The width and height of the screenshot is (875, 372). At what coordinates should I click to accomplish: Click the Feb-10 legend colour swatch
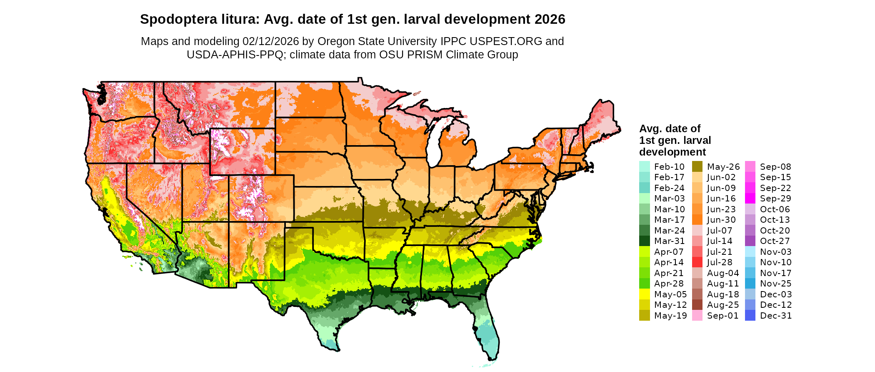pyautogui.click(x=644, y=166)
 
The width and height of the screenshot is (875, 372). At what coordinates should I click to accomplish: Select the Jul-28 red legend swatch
pyautogui.click(x=697, y=262)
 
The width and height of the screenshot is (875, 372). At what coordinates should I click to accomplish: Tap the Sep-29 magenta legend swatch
pyautogui.click(x=750, y=199)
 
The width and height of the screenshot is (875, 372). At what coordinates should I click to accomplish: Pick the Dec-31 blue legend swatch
pyautogui.click(x=750, y=316)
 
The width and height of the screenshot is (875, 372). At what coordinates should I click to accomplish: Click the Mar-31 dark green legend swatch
pyautogui.click(x=644, y=241)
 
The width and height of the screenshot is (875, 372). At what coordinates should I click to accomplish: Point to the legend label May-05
pyautogui.click(x=670, y=294)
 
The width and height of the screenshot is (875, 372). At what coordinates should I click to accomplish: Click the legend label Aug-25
pyautogui.click(x=723, y=305)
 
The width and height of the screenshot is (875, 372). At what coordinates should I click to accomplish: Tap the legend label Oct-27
pyautogui.click(x=775, y=241)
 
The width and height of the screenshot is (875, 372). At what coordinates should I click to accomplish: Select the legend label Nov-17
pyautogui.click(x=775, y=273)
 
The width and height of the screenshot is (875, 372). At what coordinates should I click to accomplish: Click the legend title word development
pyautogui.click(x=672, y=152)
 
